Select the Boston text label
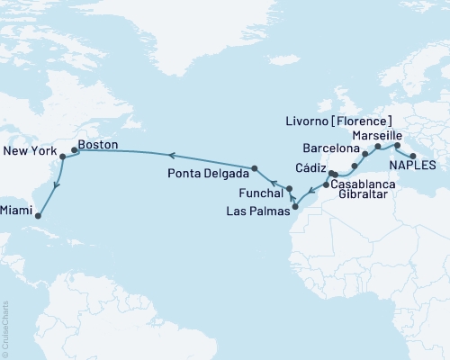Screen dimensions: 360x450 (98, 142)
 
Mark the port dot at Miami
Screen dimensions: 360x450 (41, 213)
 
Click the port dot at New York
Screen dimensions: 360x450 (62, 157)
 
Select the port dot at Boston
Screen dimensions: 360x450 (74, 150)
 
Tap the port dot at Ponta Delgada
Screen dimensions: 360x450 (255, 168)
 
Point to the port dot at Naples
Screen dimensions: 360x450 (412, 156)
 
